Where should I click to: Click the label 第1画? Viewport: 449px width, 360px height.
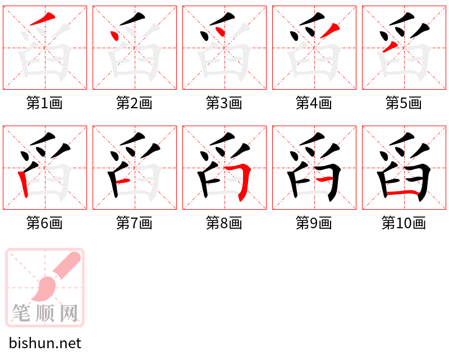pyautogui.click(x=44, y=103)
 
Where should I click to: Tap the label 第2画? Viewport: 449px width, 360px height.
pyautogui.click(x=134, y=103)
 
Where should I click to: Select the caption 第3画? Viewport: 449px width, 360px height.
pyautogui.click(x=224, y=103)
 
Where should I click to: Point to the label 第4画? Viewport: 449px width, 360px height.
pyautogui.click(x=314, y=103)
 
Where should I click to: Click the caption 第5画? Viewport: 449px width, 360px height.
pyautogui.click(x=404, y=103)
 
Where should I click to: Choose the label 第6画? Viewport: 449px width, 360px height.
pyautogui.click(x=44, y=223)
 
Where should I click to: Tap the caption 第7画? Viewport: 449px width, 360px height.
pyautogui.click(x=134, y=223)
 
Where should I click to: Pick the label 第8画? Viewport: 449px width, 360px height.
pyautogui.click(x=224, y=223)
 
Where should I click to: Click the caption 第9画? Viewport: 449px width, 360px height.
pyautogui.click(x=314, y=223)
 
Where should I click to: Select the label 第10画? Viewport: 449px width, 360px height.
pyautogui.click(x=404, y=223)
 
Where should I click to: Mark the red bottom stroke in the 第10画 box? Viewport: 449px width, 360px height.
pyautogui.click(x=403, y=193)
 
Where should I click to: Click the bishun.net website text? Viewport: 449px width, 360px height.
pyautogui.click(x=45, y=343)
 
